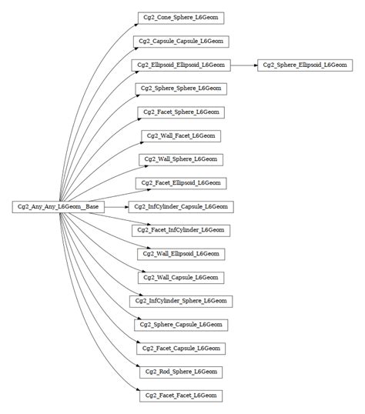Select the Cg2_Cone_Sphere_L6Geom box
(x=181, y=18)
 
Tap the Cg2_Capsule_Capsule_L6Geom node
(x=181, y=42)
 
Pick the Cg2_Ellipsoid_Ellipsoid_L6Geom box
(x=181, y=65)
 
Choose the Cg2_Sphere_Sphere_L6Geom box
(x=181, y=88)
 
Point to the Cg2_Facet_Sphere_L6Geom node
(x=181, y=112)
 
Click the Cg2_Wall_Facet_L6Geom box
(x=181, y=135)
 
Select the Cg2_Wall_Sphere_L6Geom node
(x=181, y=159)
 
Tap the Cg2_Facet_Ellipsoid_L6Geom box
(x=181, y=182)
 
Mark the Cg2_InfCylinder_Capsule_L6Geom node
(x=181, y=206)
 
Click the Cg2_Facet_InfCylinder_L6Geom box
(x=181, y=230)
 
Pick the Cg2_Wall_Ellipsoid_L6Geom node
(x=181, y=253)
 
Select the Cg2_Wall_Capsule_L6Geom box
(x=181, y=277)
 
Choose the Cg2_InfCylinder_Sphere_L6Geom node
(x=181, y=300)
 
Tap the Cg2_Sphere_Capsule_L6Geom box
(x=181, y=324)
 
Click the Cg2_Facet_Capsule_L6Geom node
(x=181, y=348)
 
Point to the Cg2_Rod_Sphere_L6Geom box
(x=181, y=372)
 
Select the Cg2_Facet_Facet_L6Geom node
(x=181, y=395)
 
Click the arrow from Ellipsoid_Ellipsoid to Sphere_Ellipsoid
(x=244, y=65)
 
